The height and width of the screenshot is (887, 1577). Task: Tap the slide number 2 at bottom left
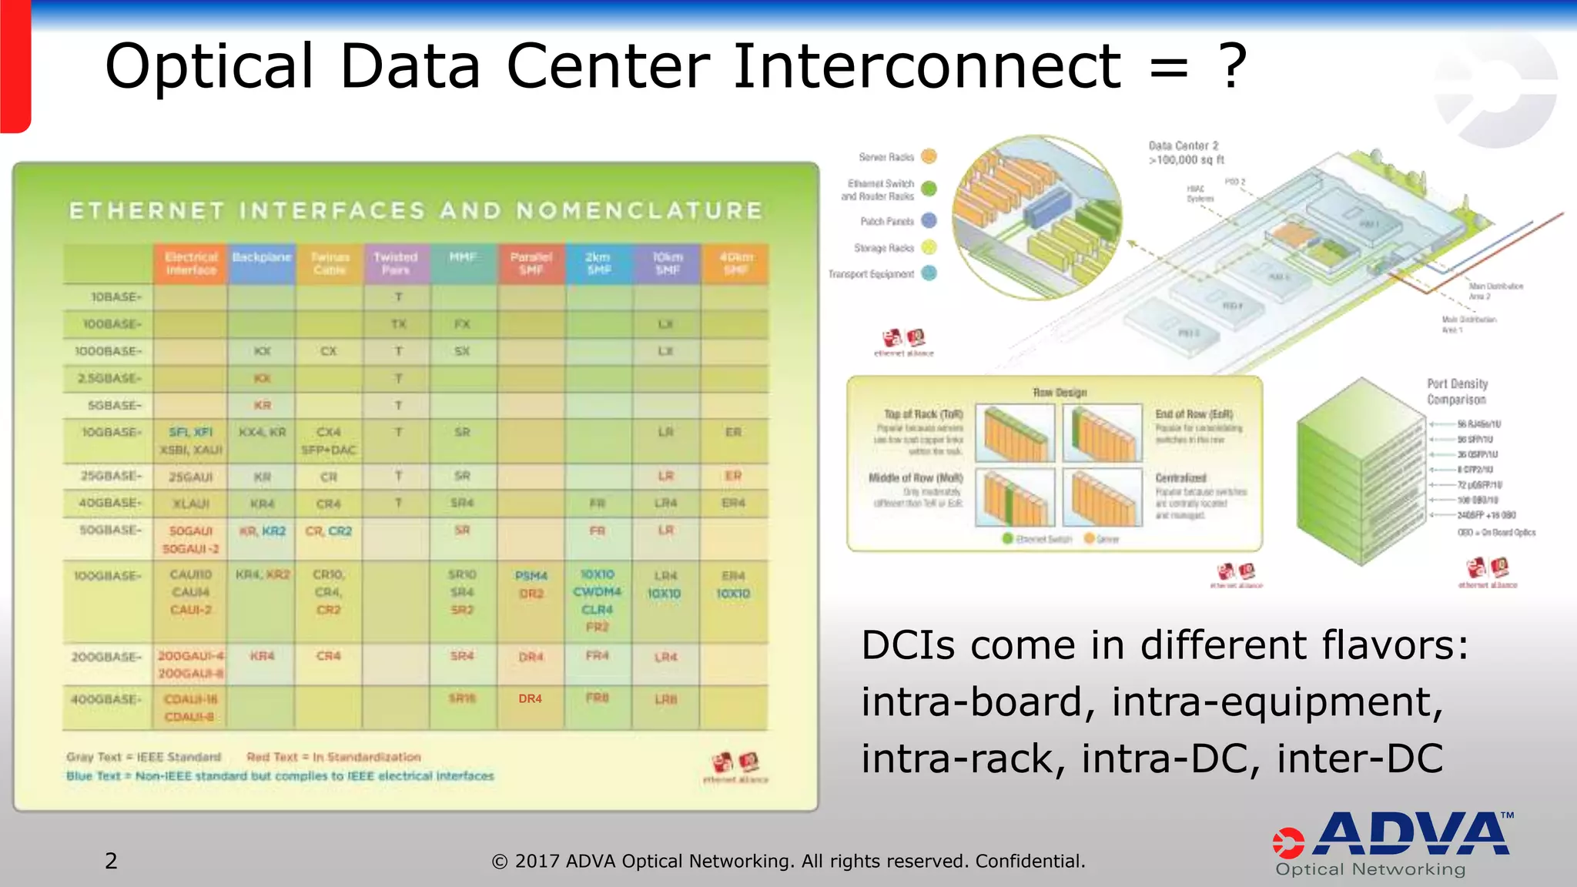pyautogui.click(x=111, y=861)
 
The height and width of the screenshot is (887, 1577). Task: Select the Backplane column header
pyautogui.click(x=262, y=257)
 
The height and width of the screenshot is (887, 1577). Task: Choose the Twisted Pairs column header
pyautogui.click(x=396, y=263)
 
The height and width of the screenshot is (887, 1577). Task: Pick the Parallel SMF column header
pyautogui.click(x=531, y=263)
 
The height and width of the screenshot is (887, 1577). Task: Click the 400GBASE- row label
pyautogui.click(x=106, y=700)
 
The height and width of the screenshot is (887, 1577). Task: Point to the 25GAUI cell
pyautogui.click(x=190, y=477)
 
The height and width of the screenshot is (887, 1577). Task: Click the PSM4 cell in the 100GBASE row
pyautogui.click(x=531, y=576)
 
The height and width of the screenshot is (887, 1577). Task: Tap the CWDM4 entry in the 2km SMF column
pyautogui.click(x=597, y=591)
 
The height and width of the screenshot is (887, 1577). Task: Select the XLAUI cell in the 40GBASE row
pyautogui.click(x=190, y=504)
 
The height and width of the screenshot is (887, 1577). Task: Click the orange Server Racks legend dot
pyautogui.click(x=929, y=156)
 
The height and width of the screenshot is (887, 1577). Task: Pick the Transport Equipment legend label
pyautogui.click(x=871, y=274)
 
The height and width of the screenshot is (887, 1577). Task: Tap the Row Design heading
pyautogui.click(x=1060, y=393)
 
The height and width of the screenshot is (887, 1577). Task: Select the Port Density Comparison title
pyautogui.click(x=1457, y=391)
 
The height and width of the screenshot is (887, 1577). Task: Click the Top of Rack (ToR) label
pyautogui.click(x=923, y=414)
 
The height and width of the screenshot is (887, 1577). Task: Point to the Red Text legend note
pyautogui.click(x=333, y=757)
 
